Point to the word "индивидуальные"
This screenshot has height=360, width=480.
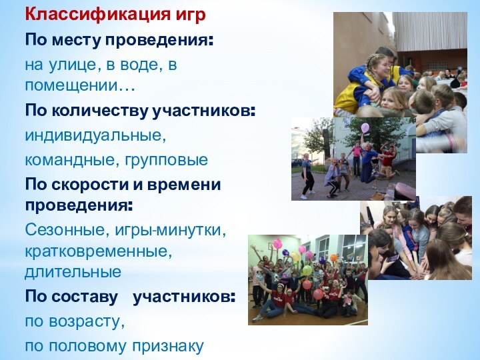(x=93, y=136)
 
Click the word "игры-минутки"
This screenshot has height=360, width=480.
(x=171, y=230)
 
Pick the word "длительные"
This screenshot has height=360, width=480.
(x=73, y=272)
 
